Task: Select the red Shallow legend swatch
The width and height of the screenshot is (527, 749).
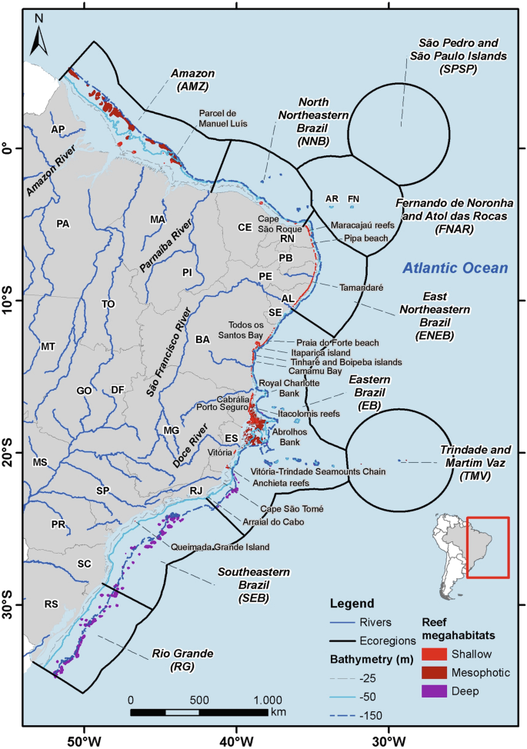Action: [x=435, y=655]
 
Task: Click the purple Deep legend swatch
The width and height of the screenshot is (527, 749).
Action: [x=435, y=691]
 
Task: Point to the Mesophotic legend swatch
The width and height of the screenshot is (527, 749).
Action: [x=435, y=673]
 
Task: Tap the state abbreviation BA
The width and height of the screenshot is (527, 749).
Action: [x=203, y=339]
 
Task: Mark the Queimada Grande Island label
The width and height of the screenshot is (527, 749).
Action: [x=221, y=548]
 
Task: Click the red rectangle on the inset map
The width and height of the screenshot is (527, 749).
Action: [x=487, y=548]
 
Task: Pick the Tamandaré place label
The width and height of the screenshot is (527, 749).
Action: [x=361, y=287]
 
